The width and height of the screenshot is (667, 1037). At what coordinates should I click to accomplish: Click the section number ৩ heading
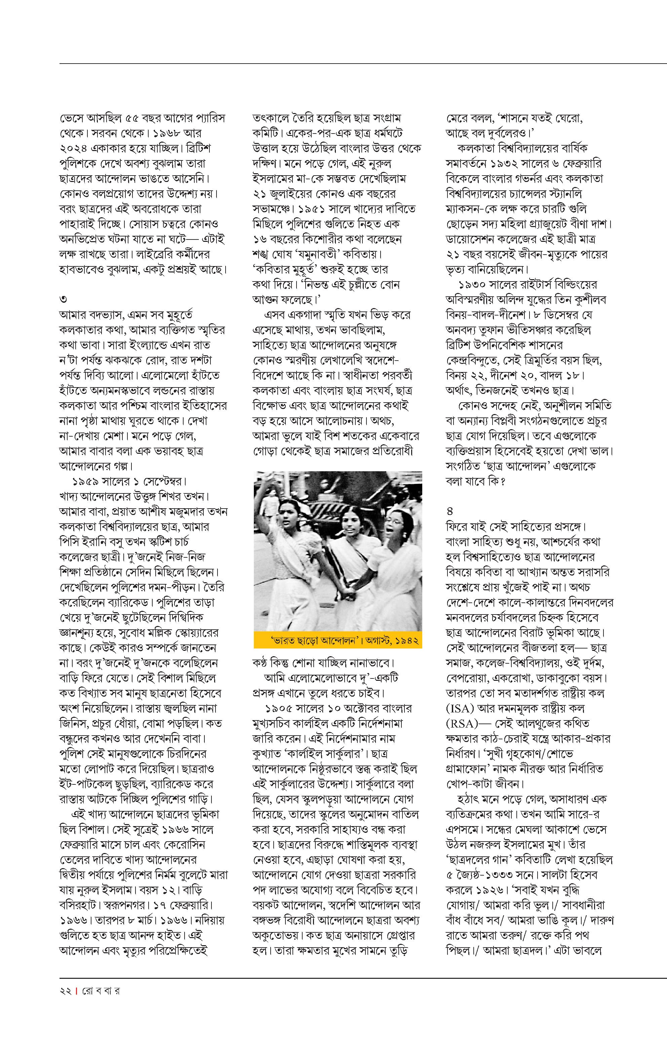click(63, 299)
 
